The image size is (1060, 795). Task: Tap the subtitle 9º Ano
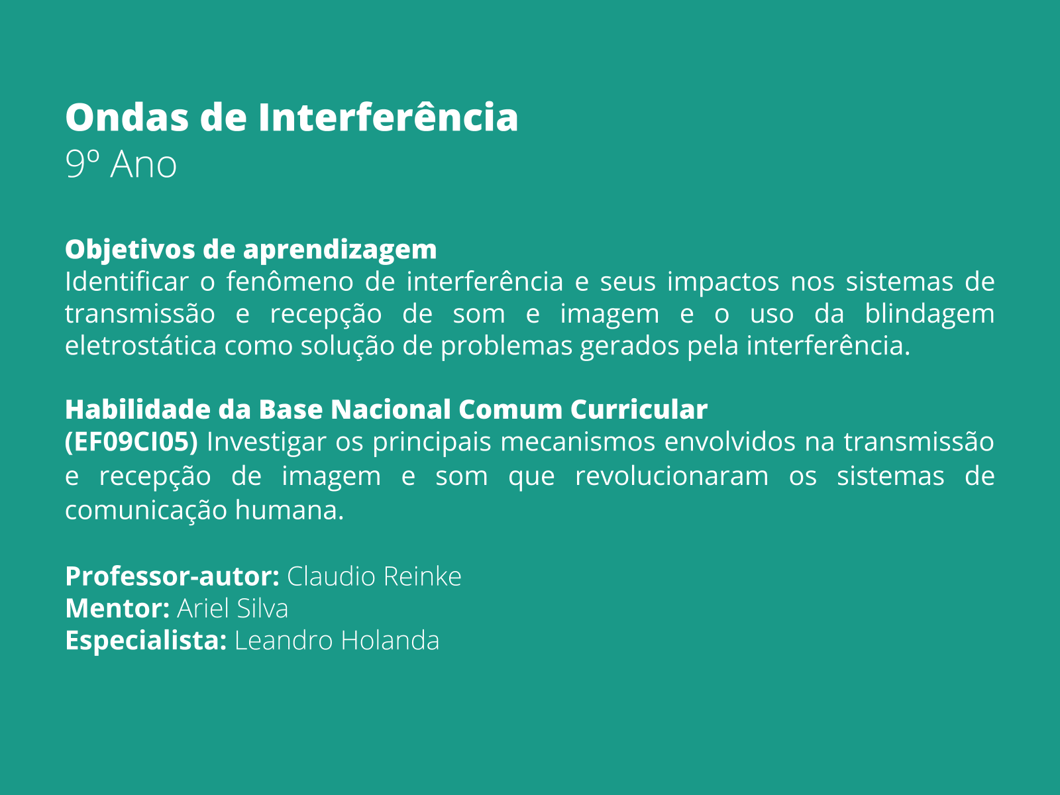(x=121, y=164)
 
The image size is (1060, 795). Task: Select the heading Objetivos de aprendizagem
(x=250, y=249)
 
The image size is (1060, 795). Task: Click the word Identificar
(x=127, y=282)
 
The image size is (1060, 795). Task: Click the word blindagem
(x=929, y=313)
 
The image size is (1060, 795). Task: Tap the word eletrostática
(x=140, y=345)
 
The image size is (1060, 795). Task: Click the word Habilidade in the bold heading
(x=137, y=409)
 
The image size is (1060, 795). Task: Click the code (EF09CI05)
(x=131, y=442)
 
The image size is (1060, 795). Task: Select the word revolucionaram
(x=671, y=476)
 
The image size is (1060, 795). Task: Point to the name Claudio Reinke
(x=374, y=576)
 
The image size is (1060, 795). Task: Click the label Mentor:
(x=118, y=608)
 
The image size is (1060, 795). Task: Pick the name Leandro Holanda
(x=337, y=641)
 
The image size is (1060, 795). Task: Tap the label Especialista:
(x=146, y=641)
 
